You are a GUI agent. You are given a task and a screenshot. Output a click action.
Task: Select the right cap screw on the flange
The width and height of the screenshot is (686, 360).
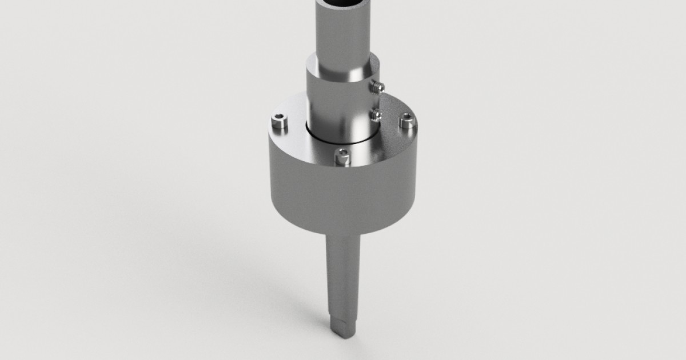(x=406, y=121)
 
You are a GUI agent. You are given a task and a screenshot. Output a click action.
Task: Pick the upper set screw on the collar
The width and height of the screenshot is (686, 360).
(x=377, y=87)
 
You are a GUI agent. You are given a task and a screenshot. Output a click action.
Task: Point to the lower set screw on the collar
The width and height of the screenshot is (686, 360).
(x=376, y=115)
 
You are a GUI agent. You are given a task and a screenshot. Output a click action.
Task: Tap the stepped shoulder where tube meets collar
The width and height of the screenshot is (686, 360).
(x=342, y=73)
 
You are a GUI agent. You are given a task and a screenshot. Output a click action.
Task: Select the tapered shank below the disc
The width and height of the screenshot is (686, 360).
(x=343, y=274)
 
